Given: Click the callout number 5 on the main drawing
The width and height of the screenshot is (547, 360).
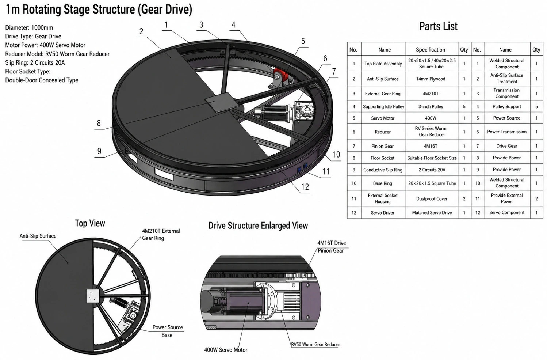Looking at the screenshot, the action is (303, 41).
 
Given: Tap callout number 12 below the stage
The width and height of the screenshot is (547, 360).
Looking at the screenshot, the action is (305, 187).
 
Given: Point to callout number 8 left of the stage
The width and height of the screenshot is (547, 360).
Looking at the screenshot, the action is (99, 123).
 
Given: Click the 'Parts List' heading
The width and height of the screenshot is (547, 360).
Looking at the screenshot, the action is (438, 26).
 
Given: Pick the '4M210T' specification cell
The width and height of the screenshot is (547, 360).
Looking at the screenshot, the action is (431, 94).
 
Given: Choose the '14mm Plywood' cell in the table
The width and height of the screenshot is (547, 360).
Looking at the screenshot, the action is (431, 79).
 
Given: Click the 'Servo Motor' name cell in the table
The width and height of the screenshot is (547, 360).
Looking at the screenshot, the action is (383, 118).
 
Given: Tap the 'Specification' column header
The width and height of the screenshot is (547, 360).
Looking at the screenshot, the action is (431, 50).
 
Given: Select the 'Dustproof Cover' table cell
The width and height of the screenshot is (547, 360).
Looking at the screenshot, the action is (432, 199).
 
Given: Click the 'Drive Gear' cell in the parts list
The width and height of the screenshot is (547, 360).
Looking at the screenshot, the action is (507, 146).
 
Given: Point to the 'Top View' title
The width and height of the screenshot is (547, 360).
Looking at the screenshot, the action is (90, 223).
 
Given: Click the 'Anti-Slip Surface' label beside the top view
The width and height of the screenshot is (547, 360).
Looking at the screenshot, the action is (38, 236).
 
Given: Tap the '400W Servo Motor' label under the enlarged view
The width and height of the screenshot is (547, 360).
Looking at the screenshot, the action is (226, 350).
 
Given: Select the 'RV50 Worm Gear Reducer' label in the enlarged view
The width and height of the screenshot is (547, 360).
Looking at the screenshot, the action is (315, 344).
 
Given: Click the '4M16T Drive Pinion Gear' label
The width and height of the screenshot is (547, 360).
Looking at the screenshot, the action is (331, 247).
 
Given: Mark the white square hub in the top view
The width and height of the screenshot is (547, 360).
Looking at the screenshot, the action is (93, 296).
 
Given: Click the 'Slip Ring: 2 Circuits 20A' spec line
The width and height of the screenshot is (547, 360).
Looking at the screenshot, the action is (35, 63).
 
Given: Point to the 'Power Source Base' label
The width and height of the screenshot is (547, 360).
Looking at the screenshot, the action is (168, 331).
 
